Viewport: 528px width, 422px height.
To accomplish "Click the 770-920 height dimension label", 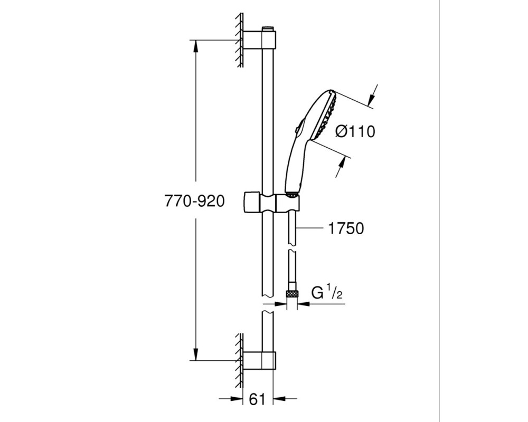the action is click(194, 201).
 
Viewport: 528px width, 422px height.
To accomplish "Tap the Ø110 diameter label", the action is click(355, 131).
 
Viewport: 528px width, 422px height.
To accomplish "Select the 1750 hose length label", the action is click(346, 228).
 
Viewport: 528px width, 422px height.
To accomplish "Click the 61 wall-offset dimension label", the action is click(257, 399).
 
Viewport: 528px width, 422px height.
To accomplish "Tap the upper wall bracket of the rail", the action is click(259, 40).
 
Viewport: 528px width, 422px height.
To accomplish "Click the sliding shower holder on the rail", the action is click(271, 203).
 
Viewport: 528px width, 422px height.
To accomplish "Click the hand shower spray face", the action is click(325, 115).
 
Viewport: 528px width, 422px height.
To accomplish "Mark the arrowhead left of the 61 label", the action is click(237, 399).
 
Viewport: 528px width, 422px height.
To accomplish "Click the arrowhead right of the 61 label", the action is click(279, 399).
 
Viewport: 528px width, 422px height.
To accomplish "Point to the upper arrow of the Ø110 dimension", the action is click(371, 98).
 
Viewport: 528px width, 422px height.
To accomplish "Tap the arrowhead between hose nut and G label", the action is click(304, 303).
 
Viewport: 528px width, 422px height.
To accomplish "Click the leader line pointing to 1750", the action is click(309, 228).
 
